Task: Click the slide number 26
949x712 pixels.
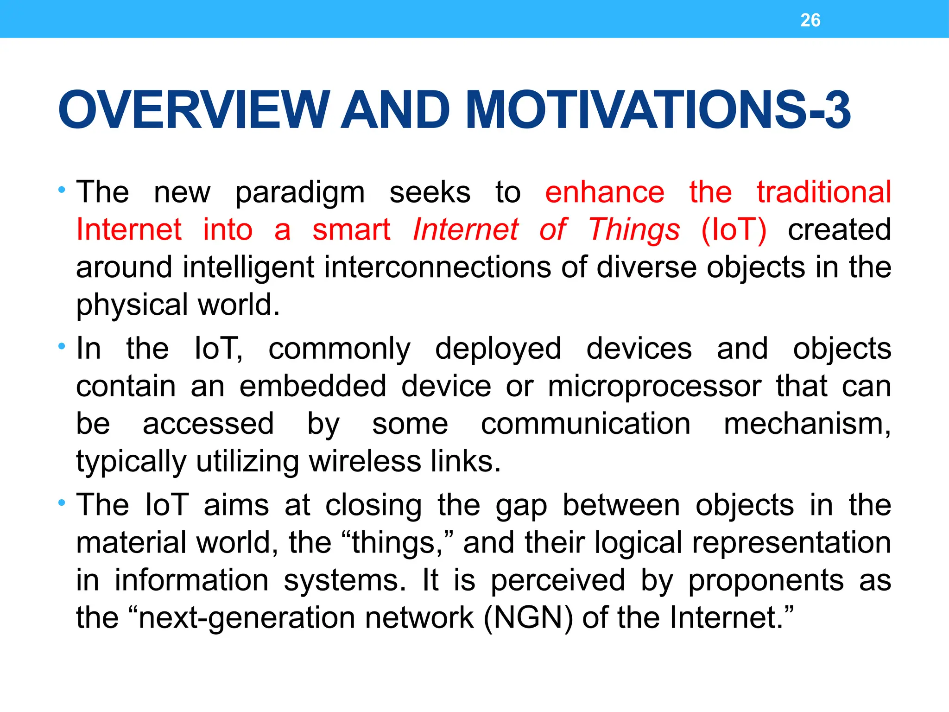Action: tap(810, 20)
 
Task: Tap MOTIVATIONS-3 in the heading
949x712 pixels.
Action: tap(658, 110)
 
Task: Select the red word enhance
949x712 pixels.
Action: tap(604, 192)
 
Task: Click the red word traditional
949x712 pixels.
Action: tap(823, 192)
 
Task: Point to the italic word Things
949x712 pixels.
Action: tap(634, 230)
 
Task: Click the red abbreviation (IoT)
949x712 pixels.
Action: tap(734, 230)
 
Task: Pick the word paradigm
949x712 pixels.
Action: tap(300, 193)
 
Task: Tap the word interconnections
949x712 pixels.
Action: tap(437, 267)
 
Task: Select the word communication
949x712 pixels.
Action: tap(585, 424)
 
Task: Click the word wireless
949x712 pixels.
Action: tap(365, 462)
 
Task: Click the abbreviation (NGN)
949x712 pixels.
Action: tap(528, 618)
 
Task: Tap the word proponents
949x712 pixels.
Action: tap(766, 581)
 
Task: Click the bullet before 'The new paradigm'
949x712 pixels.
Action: tap(62, 190)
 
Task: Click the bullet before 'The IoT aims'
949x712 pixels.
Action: tap(62, 502)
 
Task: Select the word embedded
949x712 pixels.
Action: tap(312, 387)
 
